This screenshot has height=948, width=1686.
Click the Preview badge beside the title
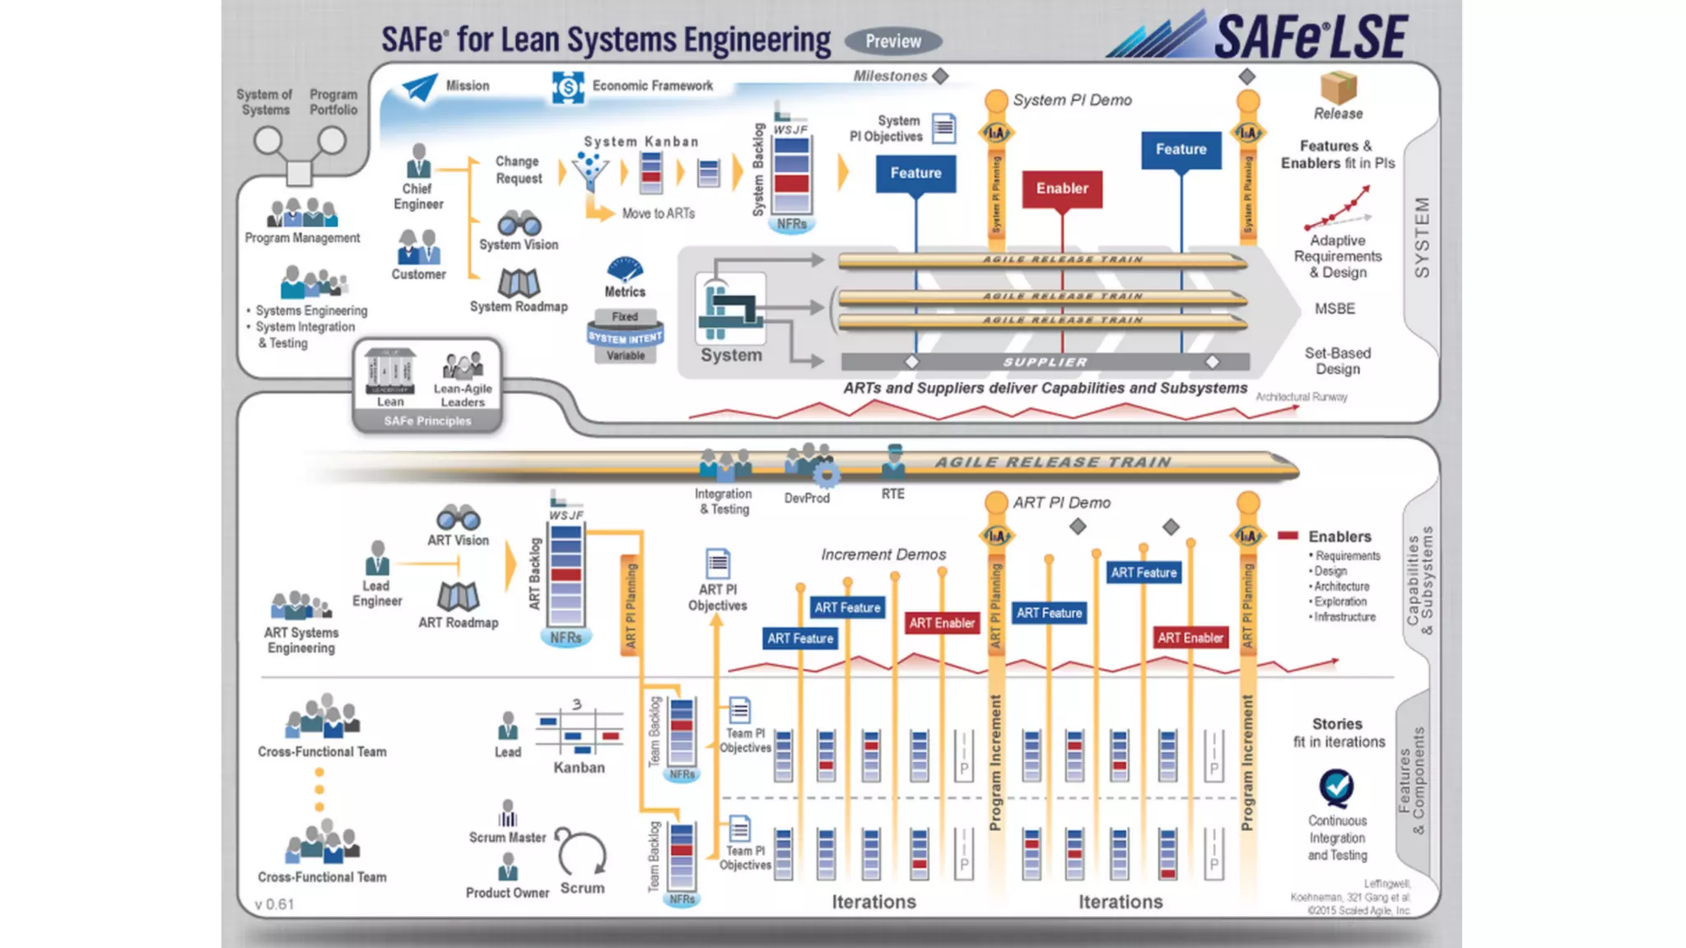(892, 41)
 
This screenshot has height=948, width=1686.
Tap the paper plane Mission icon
(420, 87)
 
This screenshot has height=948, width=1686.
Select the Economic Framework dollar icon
(567, 86)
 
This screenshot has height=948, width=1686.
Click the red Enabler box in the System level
(1062, 188)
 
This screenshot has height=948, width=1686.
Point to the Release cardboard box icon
(1338, 87)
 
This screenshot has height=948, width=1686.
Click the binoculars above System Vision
(519, 223)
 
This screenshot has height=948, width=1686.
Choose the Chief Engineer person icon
(419, 160)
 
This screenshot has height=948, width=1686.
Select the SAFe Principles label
(427, 421)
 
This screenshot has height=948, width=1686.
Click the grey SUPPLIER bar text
(1045, 362)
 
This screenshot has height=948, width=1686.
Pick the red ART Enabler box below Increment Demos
(942, 623)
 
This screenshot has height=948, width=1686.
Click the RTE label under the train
(892, 494)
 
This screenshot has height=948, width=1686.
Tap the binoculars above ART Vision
(458, 518)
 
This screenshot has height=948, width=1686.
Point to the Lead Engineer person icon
(377, 558)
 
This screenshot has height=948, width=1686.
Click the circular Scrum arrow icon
(581, 853)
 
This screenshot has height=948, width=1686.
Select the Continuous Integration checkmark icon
(1336, 788)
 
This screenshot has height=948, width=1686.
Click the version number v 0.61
(274, 904)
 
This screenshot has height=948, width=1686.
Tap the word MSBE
(1334, 309)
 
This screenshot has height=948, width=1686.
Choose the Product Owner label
(507, 893)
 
